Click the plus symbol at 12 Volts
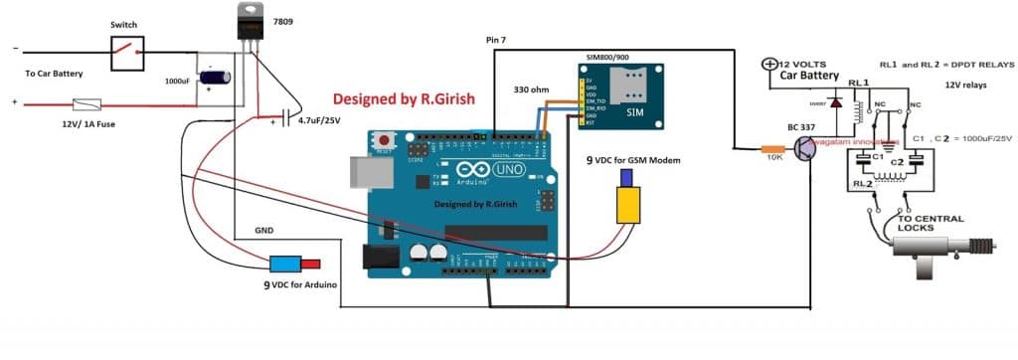pyautogui.click(x=767, y=65)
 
